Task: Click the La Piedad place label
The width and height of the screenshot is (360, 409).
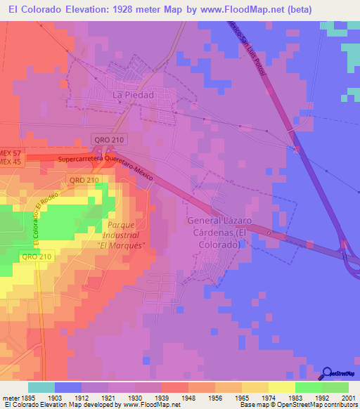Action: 133,93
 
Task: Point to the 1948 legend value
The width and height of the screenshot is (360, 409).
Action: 174,397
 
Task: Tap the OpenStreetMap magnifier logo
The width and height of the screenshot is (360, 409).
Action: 328,372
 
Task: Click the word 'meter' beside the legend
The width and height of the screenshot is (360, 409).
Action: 9,397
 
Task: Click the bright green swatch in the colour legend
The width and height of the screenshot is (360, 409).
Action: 308,387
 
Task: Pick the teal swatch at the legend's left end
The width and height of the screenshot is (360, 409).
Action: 41,387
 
